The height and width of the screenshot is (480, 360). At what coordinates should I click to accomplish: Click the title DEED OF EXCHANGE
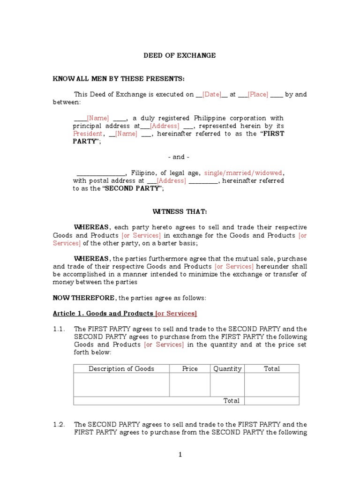click(180, 55)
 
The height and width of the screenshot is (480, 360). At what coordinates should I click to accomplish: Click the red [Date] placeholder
click(211, 94)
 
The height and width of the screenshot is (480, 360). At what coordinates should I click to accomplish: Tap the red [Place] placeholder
click(257, 94)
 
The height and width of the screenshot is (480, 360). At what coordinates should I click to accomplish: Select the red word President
click(87, 134)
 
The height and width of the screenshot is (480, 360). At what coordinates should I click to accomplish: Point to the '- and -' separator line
click(179, 157)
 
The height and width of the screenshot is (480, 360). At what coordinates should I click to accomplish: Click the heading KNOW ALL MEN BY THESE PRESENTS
click(119, 78)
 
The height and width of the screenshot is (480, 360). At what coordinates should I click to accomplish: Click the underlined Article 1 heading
click(125, 313)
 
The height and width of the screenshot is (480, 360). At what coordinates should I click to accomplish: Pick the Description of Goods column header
click(121, 369)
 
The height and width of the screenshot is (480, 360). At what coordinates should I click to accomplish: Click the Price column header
click(190, 369)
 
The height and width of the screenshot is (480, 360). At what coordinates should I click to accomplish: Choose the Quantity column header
click(227, 369)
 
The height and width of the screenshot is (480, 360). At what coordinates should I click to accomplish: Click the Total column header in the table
click(272, 369)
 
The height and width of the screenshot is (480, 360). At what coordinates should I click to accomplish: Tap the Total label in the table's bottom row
click(232, 401)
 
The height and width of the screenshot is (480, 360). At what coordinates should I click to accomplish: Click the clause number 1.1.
click(59, 329)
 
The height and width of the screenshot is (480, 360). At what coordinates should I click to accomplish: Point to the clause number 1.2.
click(59, 425)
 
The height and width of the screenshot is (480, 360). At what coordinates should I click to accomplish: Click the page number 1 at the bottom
click(180, 455)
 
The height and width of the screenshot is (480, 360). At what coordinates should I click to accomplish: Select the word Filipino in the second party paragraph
click(144, 173)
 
